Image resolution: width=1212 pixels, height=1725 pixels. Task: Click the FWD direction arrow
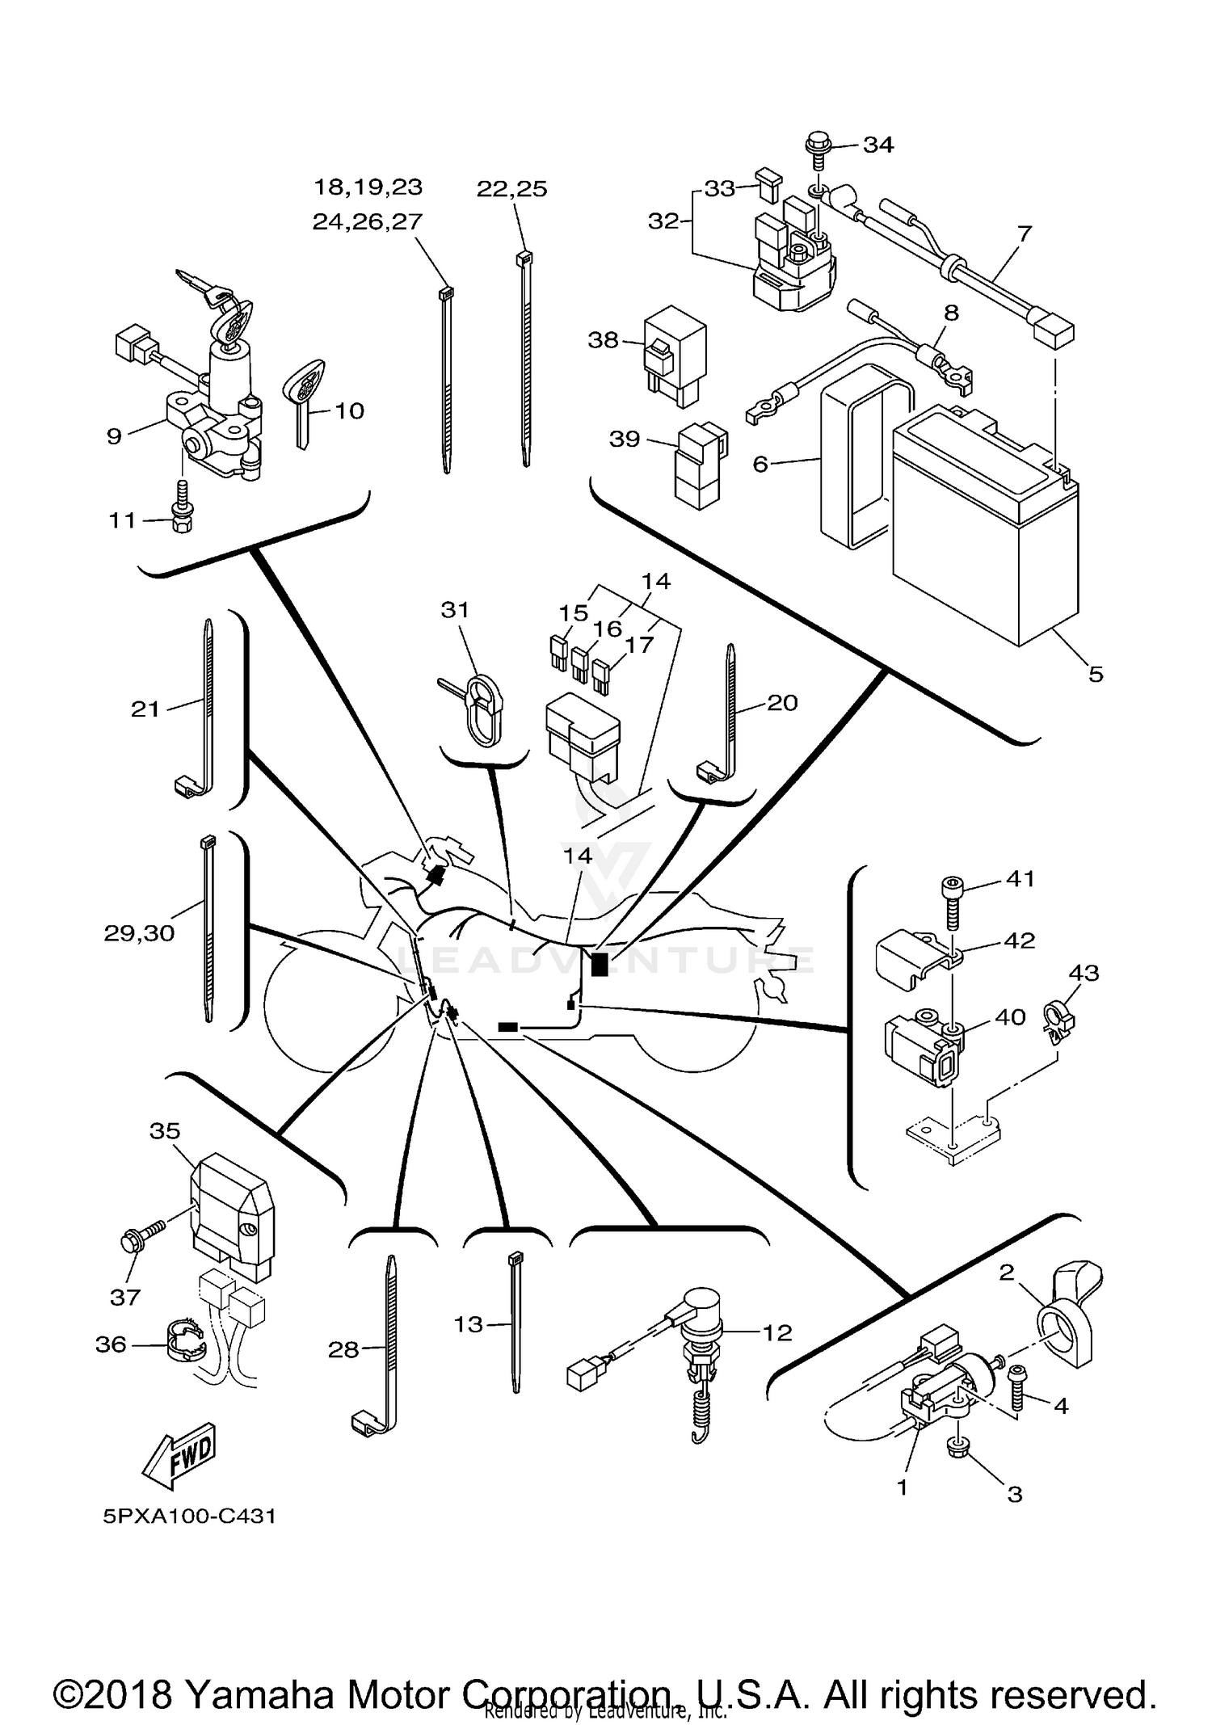coord(179,1456)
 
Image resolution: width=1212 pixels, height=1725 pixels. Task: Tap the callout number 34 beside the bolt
coord(878,145)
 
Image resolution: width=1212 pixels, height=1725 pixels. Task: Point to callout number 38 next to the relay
coord(603,340)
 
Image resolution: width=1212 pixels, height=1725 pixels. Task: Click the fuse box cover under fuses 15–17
coord(583,737)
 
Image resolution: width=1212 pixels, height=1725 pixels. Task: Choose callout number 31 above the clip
coord(455,610)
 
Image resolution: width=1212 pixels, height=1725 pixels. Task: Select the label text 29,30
coord(139,933)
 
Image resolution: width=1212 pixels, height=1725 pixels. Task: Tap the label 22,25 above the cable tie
coord(511,189)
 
